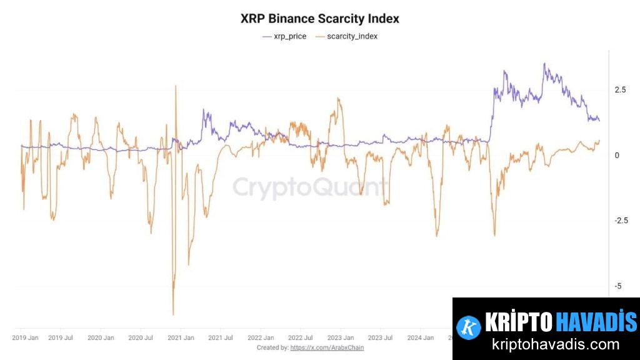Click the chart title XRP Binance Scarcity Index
tap(319, 19)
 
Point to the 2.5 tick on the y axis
tap(620, 90)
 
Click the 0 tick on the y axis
tap(617, 156)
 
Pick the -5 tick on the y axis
tap(618, 286)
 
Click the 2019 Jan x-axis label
tap(25, 337)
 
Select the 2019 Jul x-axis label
tap(60, 337)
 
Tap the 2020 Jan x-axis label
tap(101, 337)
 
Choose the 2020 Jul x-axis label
tap(140, 337)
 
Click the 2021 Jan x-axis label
tap(181, 337)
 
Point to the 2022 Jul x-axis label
tap(300, 337)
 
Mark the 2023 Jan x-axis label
tap(341, 337)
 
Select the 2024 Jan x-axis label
tap(420, 337)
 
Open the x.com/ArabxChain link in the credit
tap(327, 347)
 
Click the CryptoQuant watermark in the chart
tap(310, 187)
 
